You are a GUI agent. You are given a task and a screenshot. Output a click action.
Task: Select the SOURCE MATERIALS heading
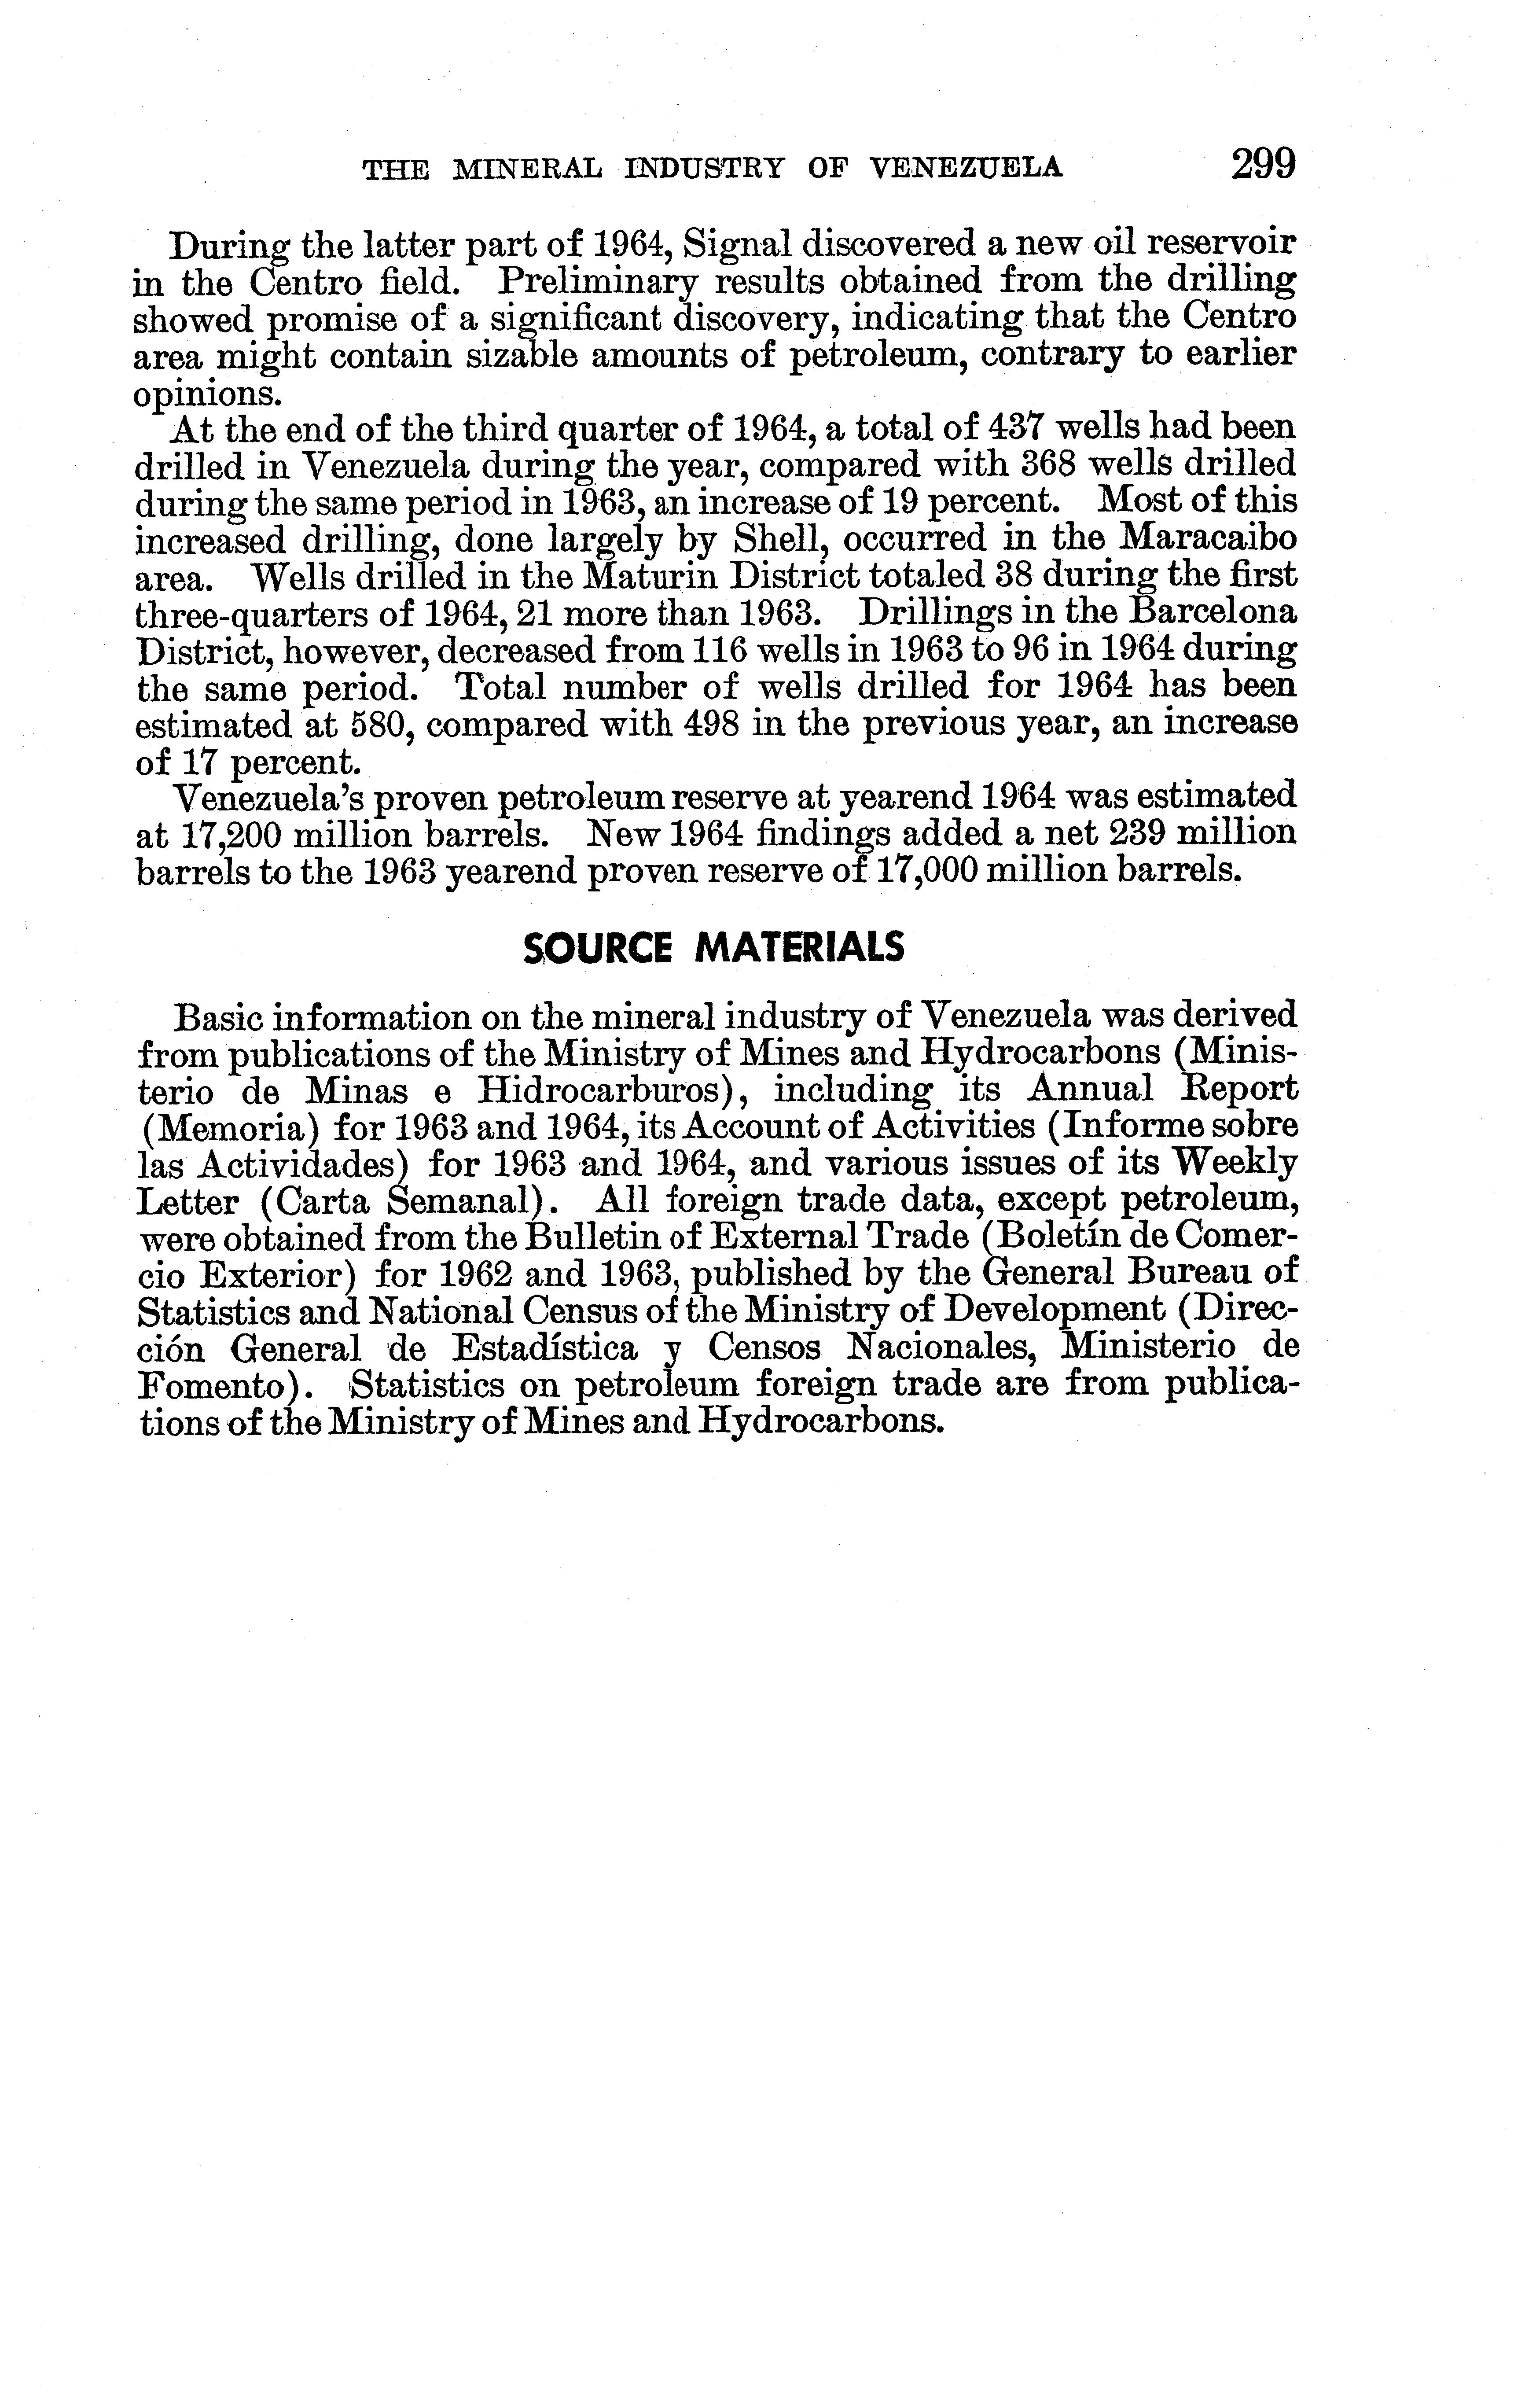click(713, 946)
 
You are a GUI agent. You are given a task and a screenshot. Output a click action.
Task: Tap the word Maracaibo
click(1209, 540)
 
